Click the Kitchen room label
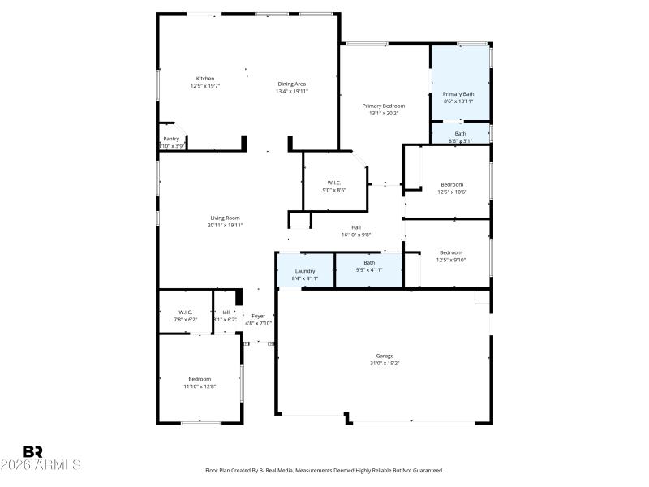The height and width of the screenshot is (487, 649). (205, 79)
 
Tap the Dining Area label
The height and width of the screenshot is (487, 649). (292, 84)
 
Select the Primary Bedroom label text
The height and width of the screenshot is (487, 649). (383, 106)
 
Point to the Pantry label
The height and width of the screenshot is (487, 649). (171, 139)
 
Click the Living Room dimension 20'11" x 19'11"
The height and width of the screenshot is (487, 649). (225, 225)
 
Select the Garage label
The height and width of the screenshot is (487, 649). (384, 356)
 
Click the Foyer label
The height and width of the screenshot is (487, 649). (258, 316)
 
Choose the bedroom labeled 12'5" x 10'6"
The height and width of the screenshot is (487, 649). (451, 187)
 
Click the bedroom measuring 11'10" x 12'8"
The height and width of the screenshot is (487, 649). (200, 382)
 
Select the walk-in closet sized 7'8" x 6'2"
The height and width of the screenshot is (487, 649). (185, 316)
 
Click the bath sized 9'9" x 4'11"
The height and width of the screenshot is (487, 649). (369, 266)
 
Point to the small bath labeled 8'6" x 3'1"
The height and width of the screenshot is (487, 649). (460, 137)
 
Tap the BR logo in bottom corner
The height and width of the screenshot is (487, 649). (32, 451)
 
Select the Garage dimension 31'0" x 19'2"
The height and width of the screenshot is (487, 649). (384, 363)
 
